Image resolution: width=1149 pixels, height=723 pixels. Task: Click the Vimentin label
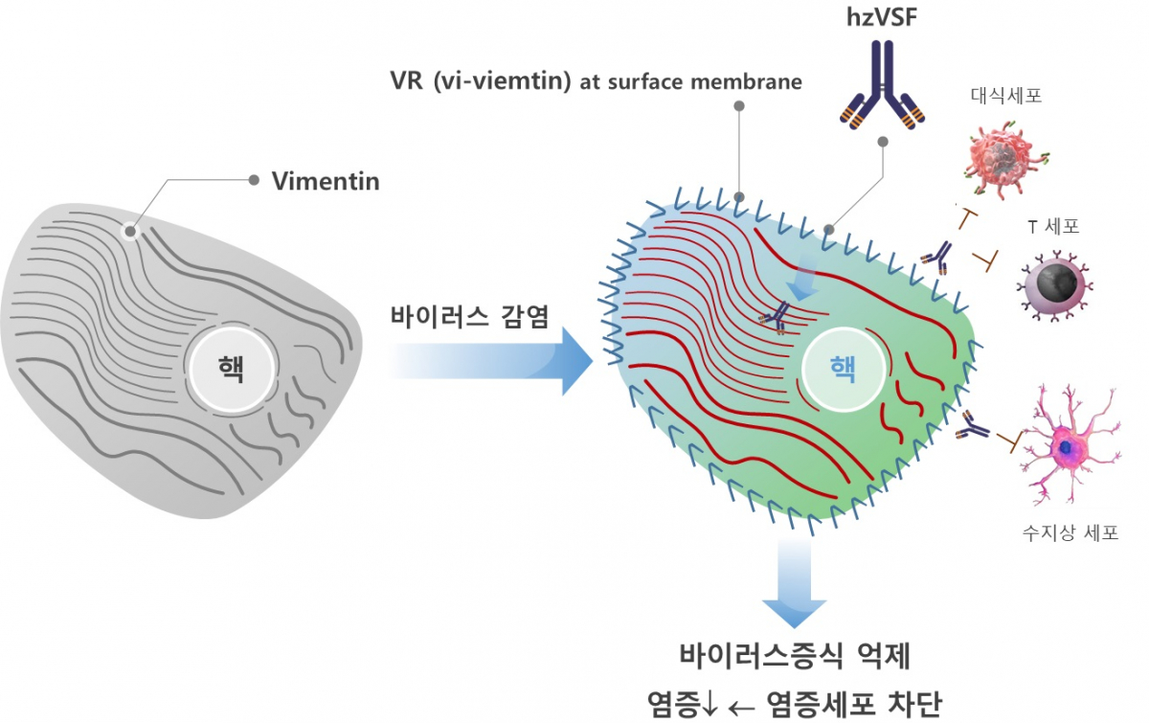(326, 181)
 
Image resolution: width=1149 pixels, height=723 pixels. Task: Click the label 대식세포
(1004, 96)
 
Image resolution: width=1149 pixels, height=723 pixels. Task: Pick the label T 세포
(1053, 227)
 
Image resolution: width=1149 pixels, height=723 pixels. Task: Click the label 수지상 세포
(1070, 533)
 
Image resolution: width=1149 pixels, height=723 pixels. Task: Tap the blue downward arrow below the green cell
(794, 583)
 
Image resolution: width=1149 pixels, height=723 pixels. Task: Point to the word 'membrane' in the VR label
(750, 82)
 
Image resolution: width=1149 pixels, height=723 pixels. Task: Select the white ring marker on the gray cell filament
(130, 231)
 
